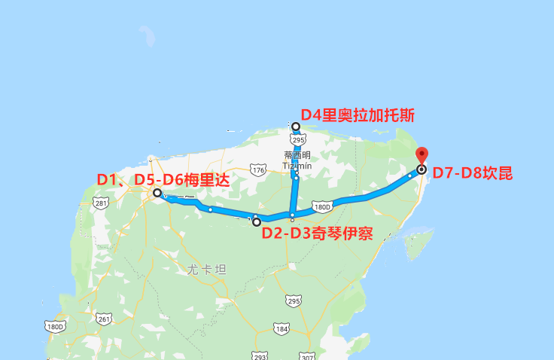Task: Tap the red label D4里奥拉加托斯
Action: pyautogui.click(x=358, y=115)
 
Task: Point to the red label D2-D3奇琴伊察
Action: pyautogui.click(x=317, y=232)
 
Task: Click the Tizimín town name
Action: pyautogui.click(x=297, y=164)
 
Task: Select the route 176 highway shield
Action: pyautogui.click(x=258, y=171)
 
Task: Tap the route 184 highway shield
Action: pyautogui.click(x=282, y=329)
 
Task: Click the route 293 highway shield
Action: pyautogui.click(x=260, y=355)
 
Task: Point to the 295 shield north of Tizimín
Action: pyautogui.click(x=298, y=140)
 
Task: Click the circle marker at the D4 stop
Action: pyautogui.click(x=296, y=127)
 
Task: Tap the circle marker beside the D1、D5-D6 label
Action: pyautogui.click(x=157, y=194)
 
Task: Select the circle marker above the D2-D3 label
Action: pyautogui.click(x=257, y=221)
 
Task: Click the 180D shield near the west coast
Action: pyautogui.click(x=55, y=327)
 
